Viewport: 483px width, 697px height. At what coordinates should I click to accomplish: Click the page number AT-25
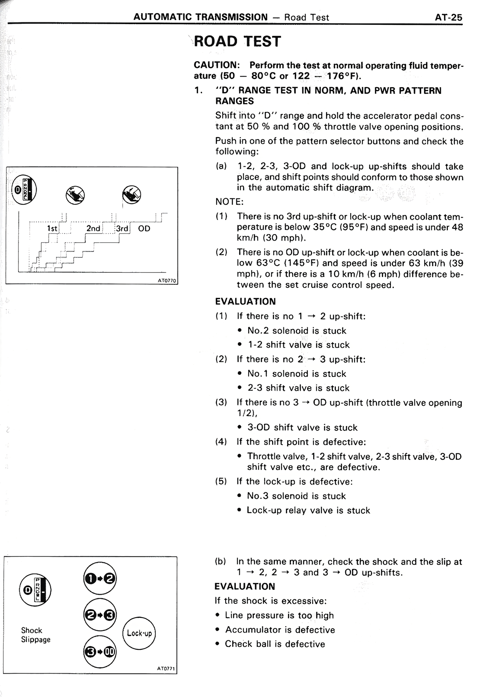tap(448, 17)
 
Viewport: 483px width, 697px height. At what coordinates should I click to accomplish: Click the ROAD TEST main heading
tap(238, 41)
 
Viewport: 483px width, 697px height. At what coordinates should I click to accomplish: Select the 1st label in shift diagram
tap(52, 229)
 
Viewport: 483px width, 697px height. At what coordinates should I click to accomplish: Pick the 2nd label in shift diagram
tap(93, 229)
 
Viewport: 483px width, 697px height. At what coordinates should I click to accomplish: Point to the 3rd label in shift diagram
tap(122, 229)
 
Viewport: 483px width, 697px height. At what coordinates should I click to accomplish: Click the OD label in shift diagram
tap(144, 229)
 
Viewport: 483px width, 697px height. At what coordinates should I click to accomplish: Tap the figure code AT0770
tap(167, 281)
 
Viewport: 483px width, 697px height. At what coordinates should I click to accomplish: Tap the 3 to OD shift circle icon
tap(100, 652)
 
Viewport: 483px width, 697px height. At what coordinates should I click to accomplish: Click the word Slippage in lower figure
tap(36, 640)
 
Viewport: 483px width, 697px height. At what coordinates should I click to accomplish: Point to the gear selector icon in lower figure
tap(35, 590)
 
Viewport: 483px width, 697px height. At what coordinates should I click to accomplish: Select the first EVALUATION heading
tap(245, 302)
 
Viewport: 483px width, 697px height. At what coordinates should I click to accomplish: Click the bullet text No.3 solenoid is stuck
tap(297, 496)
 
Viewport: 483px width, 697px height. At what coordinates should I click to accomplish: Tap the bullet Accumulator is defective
tap(280, 630)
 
